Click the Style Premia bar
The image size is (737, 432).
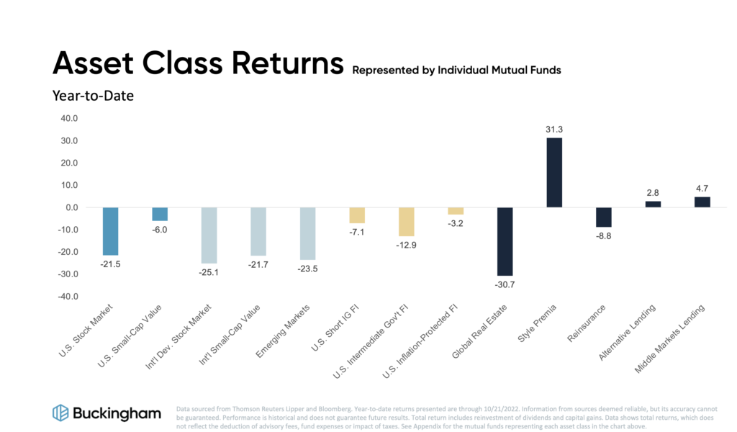pyautogui.click(x=554, y=173)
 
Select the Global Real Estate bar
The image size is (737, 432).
pyautogui.click(x=505, y=241)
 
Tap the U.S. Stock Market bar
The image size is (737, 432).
pyautogui.click(x=110, y=231)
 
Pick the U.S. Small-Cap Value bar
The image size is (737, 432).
pyautogui.click(x=160, y=214)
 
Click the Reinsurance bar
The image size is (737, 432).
pyautogui.click(x=603, y=217)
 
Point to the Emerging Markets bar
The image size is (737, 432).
pyautogui.click(x=307, y=233)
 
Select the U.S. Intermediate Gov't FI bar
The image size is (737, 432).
pyautogui.click(x=407, y=222)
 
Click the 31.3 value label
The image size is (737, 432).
pyautogui.click(x=554, y=129)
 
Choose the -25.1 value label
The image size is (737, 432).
pyautogui.click(x=209, y=273)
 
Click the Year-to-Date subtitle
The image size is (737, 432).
pyautogui.click(x=93, y=95)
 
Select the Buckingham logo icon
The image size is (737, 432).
pyautogui.click(x=60, y=413)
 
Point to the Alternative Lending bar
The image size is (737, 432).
pyautogui.click(x=653, y=204)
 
